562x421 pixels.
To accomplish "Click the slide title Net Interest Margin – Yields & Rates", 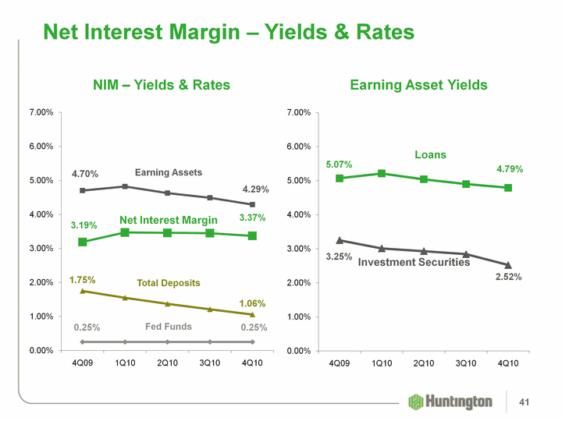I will [228, 32].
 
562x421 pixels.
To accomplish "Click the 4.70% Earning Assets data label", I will [85, 175].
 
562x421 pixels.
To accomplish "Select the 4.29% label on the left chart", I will [255, 189].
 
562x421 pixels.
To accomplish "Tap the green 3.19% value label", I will [84, 225].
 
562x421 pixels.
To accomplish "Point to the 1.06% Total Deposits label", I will [252, 302].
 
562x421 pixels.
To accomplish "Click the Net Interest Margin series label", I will [169, 221].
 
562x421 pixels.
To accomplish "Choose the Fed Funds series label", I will [169, 327].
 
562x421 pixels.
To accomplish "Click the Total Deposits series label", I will [169, 283].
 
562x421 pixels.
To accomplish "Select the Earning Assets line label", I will [169, 172].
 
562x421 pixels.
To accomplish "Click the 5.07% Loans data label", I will [339, 165].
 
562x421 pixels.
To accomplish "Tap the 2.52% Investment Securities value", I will [508, 277].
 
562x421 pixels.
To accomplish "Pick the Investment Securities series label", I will [414, 263].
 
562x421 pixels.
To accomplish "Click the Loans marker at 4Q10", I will [508, 188].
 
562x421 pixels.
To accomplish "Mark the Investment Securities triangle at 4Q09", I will [340, 240].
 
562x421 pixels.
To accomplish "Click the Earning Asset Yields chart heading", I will [418, 84].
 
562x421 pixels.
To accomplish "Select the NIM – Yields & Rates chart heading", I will [162, 84].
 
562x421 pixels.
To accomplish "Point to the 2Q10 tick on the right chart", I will [424, 363].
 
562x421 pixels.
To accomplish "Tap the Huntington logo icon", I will [416, 401].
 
